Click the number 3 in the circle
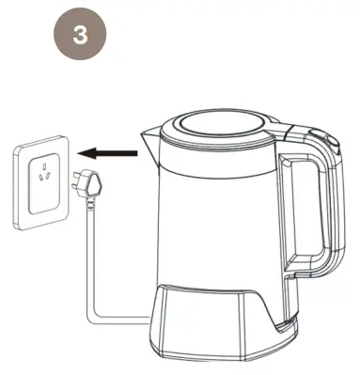[80, 37]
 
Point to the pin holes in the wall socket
[42, 173]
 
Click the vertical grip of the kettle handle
[329, 207]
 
